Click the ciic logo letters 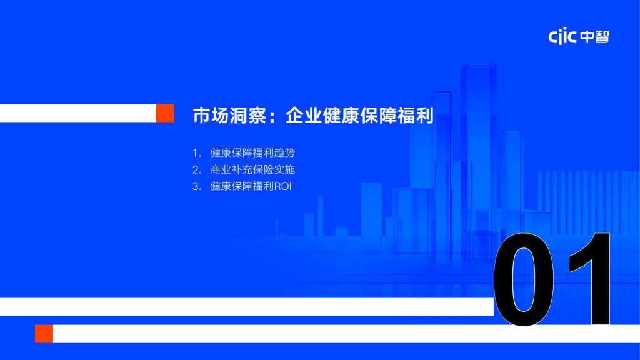pos(562,36)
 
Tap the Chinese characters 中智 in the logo pos(594,37)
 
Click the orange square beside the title pos(165,113)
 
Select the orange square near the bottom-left pos(44,334)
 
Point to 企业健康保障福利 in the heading pos(359,115)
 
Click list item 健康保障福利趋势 pos(252,152)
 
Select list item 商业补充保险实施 pos(252,169)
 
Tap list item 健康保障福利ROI pos(251,186)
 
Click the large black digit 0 pos(524,279)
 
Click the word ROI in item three pos(283,186)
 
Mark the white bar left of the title pos(78,113)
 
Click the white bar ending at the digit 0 pos(246,306)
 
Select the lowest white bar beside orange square pos(346,334)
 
